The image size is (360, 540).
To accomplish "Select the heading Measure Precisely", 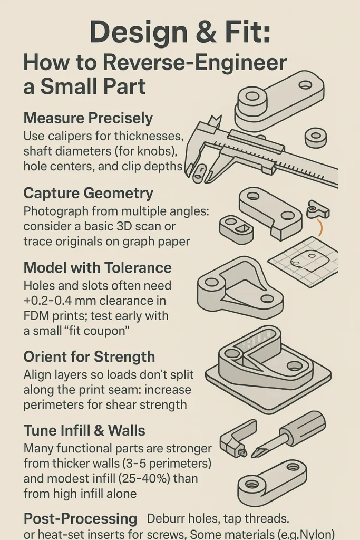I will point(88,118).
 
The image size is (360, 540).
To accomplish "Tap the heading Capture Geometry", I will point(88,193).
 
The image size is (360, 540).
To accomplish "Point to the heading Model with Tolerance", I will point(98,268).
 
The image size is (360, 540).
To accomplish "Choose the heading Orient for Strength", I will point(89,356).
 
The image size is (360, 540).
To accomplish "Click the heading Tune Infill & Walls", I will point(84,430).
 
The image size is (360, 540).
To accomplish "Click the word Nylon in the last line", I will point(316,534).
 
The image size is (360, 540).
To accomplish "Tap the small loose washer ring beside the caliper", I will point(316,137).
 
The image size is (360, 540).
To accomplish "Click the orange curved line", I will point(318,227).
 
